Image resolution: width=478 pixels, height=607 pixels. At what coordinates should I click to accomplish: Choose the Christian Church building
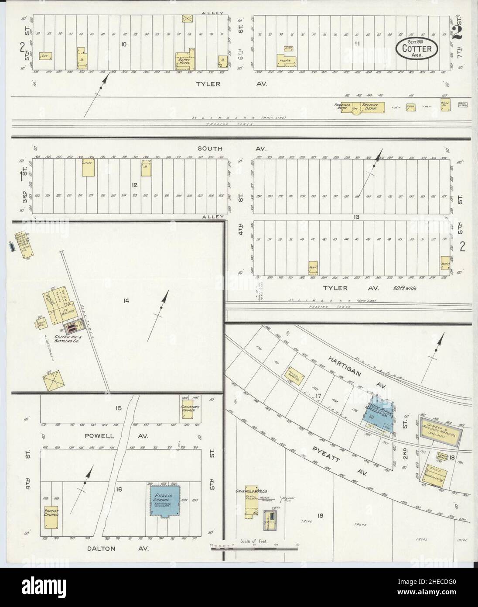coord(190,408)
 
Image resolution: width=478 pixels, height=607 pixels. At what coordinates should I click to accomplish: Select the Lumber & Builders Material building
coord(439,433)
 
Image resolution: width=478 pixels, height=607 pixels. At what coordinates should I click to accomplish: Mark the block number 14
coord(126,300)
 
